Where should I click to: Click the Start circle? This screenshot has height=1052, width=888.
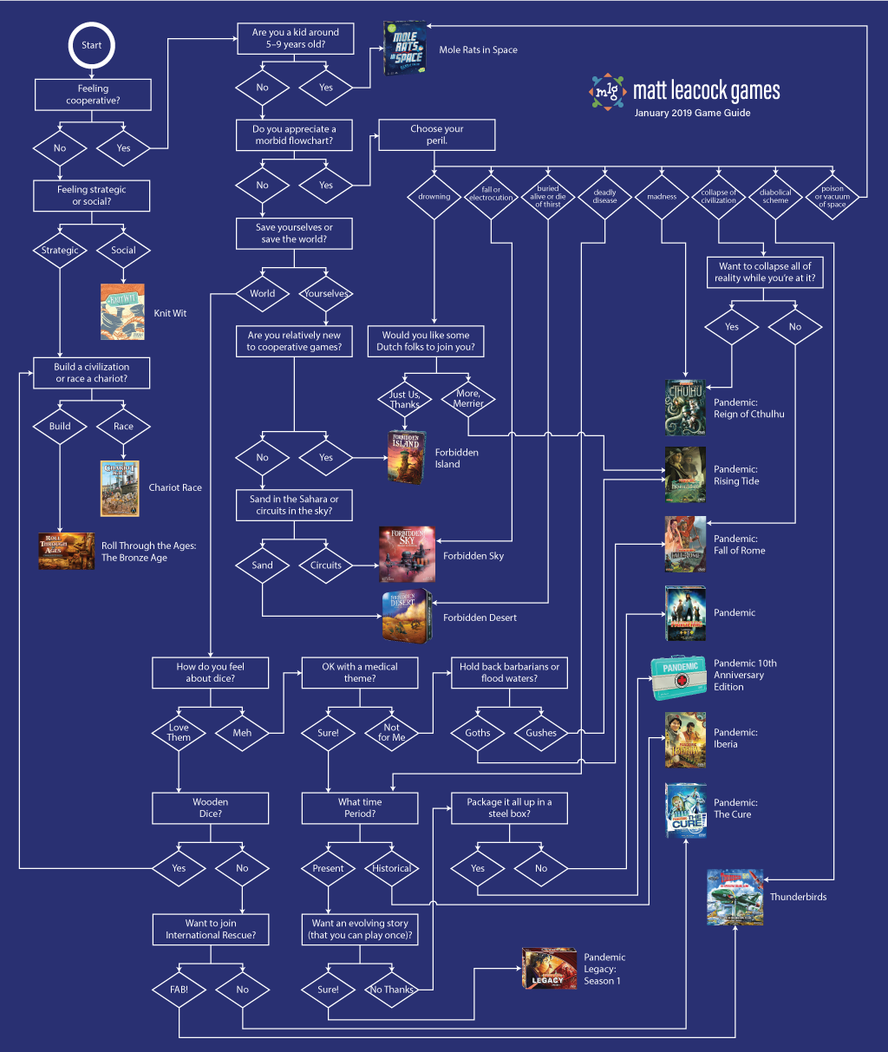(91, 45)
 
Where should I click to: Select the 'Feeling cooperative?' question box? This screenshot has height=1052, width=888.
(93, 95)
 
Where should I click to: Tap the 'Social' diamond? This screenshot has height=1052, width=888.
(124, 251)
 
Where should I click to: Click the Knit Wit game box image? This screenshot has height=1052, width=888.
(122, 311)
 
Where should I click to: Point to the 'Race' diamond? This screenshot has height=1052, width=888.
(124, 426)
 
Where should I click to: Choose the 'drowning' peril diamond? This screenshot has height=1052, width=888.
(434, 197)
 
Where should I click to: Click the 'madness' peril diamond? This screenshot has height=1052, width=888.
(662, 197)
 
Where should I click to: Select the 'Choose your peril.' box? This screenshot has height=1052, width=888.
(437, 134)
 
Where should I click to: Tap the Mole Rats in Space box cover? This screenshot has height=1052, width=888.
(404, 49)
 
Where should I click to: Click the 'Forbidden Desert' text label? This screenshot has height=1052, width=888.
(480, 618)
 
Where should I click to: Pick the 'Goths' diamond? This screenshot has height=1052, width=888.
(478, 733)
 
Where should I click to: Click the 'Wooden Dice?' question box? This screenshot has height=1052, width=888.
(210, 808)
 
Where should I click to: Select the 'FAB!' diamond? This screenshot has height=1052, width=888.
(179, 990)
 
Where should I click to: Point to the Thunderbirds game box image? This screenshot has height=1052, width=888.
(735, 898)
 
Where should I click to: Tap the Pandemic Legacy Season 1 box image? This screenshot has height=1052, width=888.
(549, 969)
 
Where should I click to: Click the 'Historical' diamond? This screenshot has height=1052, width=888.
(392, 868)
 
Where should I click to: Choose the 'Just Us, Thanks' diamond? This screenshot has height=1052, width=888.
(404, 399)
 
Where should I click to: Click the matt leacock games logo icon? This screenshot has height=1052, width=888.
(608, 91)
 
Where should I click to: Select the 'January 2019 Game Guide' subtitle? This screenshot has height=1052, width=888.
(692, 113)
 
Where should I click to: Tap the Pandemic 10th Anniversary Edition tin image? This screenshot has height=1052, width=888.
(681, 676)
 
